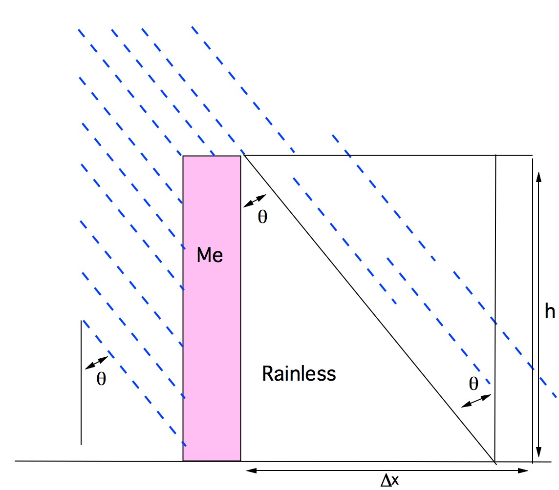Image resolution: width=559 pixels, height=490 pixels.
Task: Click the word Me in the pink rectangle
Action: coord(210,255)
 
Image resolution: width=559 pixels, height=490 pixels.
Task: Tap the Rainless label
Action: coord(299,374)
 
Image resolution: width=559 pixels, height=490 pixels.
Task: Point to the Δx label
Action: coord(390,481)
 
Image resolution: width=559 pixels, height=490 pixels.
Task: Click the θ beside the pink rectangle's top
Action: coord(262,217)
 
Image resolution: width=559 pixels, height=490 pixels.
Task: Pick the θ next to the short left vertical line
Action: coord(101,379)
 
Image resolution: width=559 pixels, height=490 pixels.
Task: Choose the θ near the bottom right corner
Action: coord(473,384)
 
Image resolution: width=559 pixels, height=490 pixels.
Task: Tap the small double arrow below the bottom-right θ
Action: coord(476,401)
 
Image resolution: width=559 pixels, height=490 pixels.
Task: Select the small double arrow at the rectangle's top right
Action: coord(255,201)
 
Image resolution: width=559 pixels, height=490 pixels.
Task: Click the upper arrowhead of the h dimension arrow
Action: coord(539,176)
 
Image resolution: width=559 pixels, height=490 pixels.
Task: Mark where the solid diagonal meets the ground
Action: coord(494,461)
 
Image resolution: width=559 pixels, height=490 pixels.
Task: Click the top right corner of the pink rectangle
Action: coord(240,156)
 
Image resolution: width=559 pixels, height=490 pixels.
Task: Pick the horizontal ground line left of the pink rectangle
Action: coord(98,461)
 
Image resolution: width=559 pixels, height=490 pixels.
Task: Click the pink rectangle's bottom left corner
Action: coord(183,460)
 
